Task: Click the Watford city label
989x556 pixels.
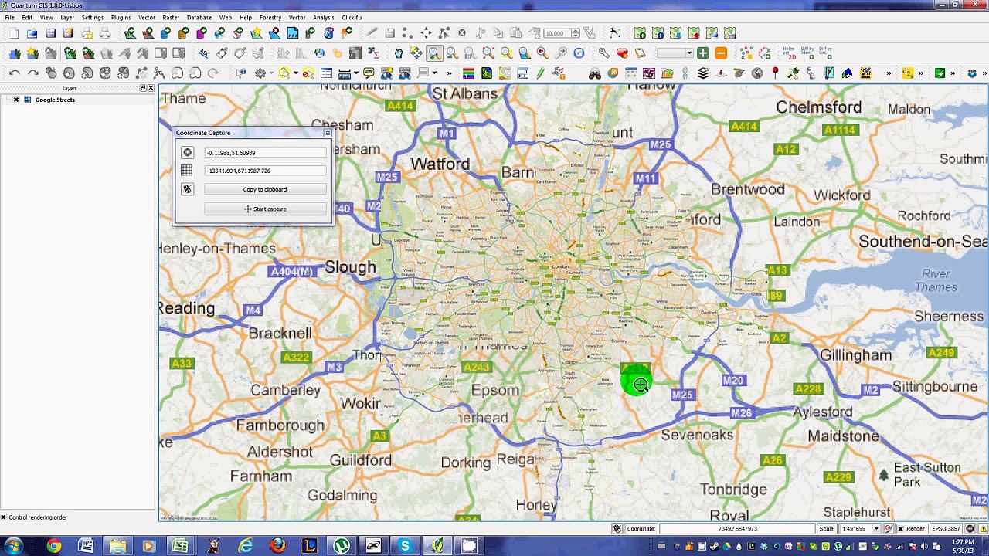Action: tap(440, 164)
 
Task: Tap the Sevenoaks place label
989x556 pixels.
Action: tap(697, 435)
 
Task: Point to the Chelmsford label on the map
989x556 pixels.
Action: tap(818, 107)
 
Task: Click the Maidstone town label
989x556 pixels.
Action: tap(843, 436)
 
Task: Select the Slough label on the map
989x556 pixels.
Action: tap(350, 267)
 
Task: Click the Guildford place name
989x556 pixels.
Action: tap(360, 460)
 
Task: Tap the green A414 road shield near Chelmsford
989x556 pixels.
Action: tap(743, 127)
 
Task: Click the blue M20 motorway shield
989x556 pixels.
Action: tap(732, 381)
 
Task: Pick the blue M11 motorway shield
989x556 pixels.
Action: tap(645, 178)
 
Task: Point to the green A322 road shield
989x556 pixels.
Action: tap(296, 358)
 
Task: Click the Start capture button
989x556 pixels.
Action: tap(265, 209)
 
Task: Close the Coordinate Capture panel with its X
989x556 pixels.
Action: tap(328, 133)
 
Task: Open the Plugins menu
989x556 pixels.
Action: tap(121, 17)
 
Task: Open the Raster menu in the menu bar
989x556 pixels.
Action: tap(171, 17)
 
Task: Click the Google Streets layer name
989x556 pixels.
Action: tap(55, 100)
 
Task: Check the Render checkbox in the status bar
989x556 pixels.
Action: tap(900, 529)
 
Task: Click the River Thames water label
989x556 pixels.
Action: tap(936, 280)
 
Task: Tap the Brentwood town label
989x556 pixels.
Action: tap(747, 189)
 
